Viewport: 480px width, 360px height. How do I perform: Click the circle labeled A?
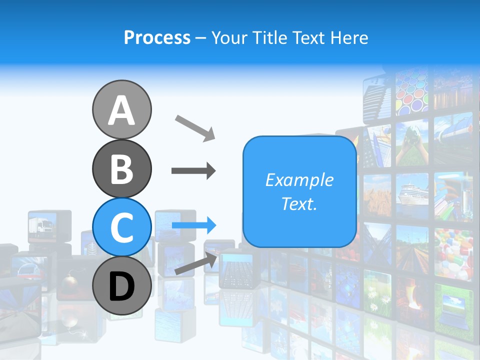coord(122,110)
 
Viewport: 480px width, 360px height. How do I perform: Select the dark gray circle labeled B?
coord(122,169)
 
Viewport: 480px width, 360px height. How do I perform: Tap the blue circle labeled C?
coord(122,227)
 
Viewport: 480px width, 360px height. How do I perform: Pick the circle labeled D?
coord(122,286)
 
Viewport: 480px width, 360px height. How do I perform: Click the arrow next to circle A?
coord(195,127)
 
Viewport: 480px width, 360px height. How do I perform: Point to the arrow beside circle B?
coord(193,171)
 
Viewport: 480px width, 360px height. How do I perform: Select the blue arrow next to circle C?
coord(194,225)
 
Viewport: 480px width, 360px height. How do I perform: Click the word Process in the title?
coord(157,37)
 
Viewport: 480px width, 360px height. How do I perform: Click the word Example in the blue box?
coord(299,180)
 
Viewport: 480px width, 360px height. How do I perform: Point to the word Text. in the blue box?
coord(299,204)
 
